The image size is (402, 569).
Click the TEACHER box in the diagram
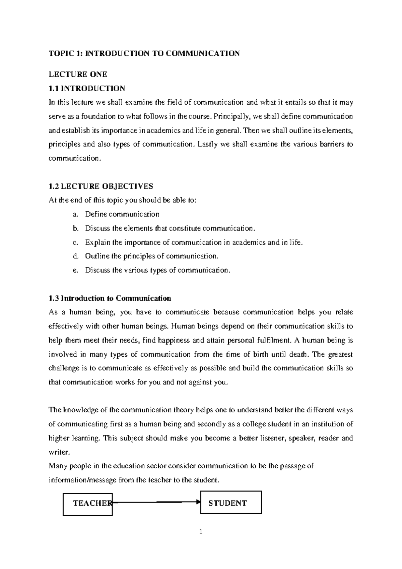pyautogui.click(x=88, y=504)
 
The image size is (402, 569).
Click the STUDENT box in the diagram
pyautogui.click(x=231, y=502)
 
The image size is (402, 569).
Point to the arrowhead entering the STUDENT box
pyautogui.click(x=198, y=502)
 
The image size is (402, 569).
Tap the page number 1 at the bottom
pyautogui.click(x=201, y=531)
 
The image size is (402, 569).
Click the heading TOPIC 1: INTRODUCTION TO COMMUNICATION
pyautogui.click(x=144, y=53)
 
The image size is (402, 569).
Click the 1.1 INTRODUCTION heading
pyautogui.click(x=87, y=88)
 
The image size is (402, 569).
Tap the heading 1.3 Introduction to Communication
pyautogui.click(x=110, y=298)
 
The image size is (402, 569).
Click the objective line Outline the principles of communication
pyautogui.click(x=151, y=256)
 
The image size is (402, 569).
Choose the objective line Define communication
pyautogui.click(x=122, y=214)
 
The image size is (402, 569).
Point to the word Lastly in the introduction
pyautogui.click(x=207, y=144)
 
